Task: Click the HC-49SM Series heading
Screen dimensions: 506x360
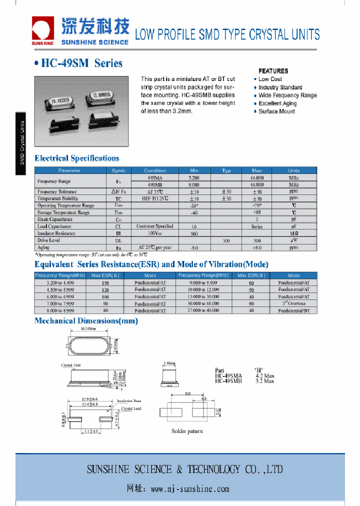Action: (x=78, y=63)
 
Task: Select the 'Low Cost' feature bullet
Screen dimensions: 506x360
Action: (x=270, y=79)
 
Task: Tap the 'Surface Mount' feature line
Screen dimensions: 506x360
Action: (x=276, y=111)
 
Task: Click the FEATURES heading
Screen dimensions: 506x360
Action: (x=273, y=71)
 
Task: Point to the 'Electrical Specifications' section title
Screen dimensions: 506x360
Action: (x=77, y=158)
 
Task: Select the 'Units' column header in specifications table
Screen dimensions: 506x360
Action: (x=294, y=170)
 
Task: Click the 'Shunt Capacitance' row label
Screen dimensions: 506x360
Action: (x=55, y=219)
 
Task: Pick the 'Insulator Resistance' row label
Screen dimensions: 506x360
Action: (x=56, y=233)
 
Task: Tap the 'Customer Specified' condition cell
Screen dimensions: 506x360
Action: (x=155, y=226)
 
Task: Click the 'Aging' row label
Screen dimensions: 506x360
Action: (x=43, y=247)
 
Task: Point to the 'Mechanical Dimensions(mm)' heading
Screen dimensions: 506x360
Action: (x=86, y=321)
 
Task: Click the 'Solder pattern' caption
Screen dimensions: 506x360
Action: (x=187, y=431)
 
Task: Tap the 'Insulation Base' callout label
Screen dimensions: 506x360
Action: (x=129, y=401)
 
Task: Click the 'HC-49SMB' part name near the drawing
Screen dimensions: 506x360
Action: (x=228, y=381)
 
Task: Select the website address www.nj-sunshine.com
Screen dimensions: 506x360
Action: (x=189, y=489)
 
